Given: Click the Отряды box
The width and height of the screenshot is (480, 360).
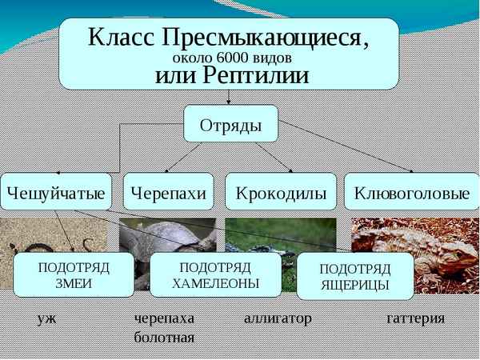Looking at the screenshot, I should (230, 123).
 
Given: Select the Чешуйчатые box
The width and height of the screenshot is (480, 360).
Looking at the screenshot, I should (56, 192).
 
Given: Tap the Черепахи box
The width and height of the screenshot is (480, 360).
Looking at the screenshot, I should (169, 192).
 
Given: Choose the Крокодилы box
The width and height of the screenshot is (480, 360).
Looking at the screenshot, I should (281, 192).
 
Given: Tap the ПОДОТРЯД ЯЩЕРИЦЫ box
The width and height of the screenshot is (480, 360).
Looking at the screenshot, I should (354, 276).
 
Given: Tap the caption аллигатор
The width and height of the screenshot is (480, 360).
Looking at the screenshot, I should (277, 318).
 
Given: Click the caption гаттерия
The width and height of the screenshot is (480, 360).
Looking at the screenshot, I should (415, 318).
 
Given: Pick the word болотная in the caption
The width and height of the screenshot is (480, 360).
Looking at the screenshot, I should (164, 337).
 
